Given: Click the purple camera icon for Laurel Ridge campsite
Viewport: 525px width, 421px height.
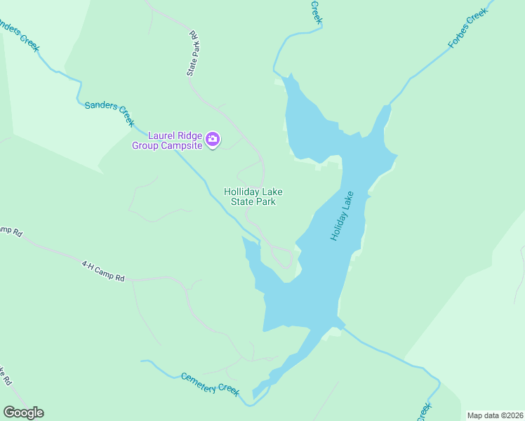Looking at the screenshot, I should [213, 140].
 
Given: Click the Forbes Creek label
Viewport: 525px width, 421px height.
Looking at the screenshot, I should [467, 34].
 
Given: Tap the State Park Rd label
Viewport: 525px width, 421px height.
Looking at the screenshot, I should [194, 53].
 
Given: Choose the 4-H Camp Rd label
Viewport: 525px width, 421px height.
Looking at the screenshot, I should [103, 271].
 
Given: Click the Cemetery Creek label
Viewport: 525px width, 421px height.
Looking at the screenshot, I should [211, 383].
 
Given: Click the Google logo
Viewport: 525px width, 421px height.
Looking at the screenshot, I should [23, 413].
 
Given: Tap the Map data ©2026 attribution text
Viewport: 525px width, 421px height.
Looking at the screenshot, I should [495, 415].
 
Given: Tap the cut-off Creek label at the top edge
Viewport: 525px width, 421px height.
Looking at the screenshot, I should [316, 13].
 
